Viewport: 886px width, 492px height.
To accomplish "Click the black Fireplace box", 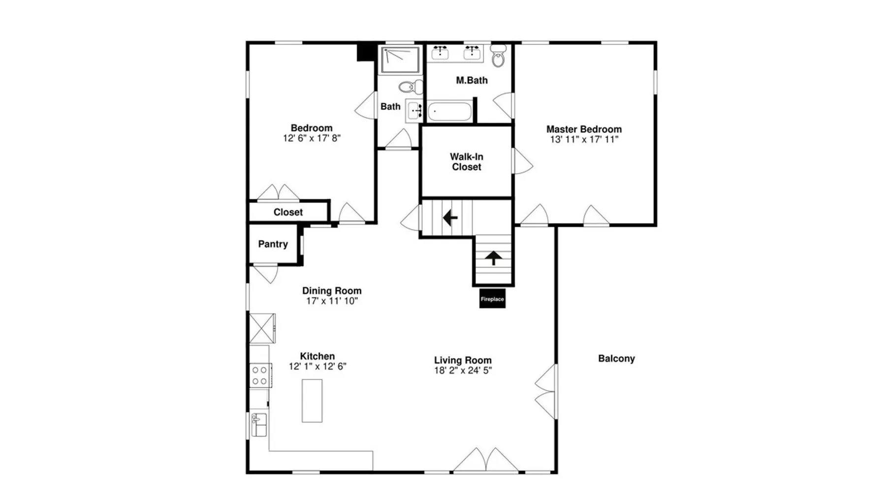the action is tap(492, 299).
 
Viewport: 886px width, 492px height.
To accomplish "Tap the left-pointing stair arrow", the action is tap(450, 217).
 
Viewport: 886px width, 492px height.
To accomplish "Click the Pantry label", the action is tap(273, 244).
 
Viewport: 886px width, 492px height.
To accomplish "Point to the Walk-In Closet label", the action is tap(467, 162).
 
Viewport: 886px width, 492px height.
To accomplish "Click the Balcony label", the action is tap(616, 359).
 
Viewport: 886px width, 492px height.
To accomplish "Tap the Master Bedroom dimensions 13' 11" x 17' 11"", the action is tap(584, 140).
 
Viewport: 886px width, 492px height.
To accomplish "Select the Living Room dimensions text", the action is tap(463, 370).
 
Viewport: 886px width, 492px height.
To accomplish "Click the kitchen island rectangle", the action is tap(312, 400).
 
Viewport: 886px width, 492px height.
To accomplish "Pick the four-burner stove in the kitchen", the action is tap(260, 375).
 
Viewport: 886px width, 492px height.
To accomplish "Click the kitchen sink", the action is tap(259, 425).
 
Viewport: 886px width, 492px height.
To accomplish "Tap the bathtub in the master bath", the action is tap(449, 112).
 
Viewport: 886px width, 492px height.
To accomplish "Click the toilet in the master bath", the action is tap(499, 56).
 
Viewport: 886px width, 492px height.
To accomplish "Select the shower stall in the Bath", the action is tap(400, 60).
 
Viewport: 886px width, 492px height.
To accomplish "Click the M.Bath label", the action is tap(472, 80).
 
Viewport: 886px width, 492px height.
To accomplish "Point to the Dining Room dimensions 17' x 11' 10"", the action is tap(332, 301).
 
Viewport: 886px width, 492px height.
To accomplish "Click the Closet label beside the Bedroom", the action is tap(288, 213).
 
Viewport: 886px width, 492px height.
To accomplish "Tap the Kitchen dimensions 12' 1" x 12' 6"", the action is tap(317, 367).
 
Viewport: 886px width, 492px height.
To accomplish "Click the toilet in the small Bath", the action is tap(411, 87).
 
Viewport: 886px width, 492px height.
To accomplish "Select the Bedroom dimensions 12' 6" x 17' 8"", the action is tap(312, 138).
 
